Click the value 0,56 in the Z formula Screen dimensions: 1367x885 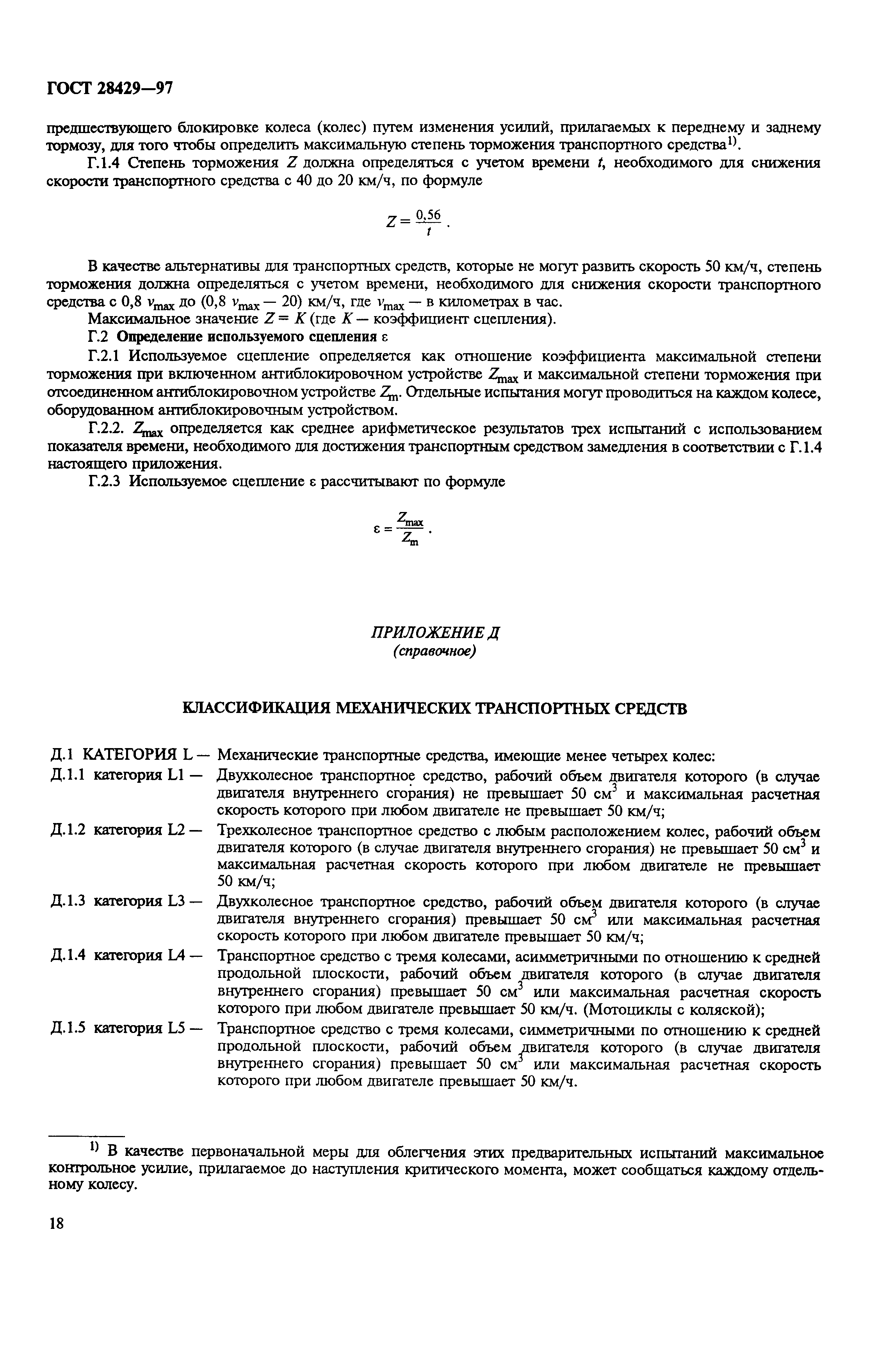click(428, 215)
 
